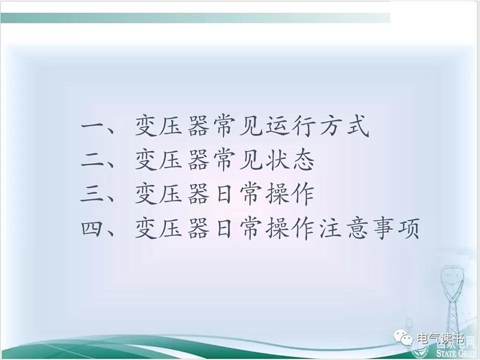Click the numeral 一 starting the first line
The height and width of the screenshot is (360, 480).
[92, 126]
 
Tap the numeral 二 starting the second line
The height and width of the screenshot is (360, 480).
[92, 160]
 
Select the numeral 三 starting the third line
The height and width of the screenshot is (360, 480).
[92, 194]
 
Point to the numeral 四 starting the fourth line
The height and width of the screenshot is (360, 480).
[92, 229]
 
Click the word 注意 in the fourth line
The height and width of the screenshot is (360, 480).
[343, 229]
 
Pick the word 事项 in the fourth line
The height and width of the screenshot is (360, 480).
[395, 229]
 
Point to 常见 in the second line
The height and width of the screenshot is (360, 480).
[238, 160]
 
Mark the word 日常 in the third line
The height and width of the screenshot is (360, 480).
[238, 194]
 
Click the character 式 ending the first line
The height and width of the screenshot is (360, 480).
[357, 126]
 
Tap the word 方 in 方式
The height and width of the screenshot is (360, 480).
[331, 126]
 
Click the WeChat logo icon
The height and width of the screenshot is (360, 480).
[403, 338]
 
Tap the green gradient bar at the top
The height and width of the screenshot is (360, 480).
[196, 18]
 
